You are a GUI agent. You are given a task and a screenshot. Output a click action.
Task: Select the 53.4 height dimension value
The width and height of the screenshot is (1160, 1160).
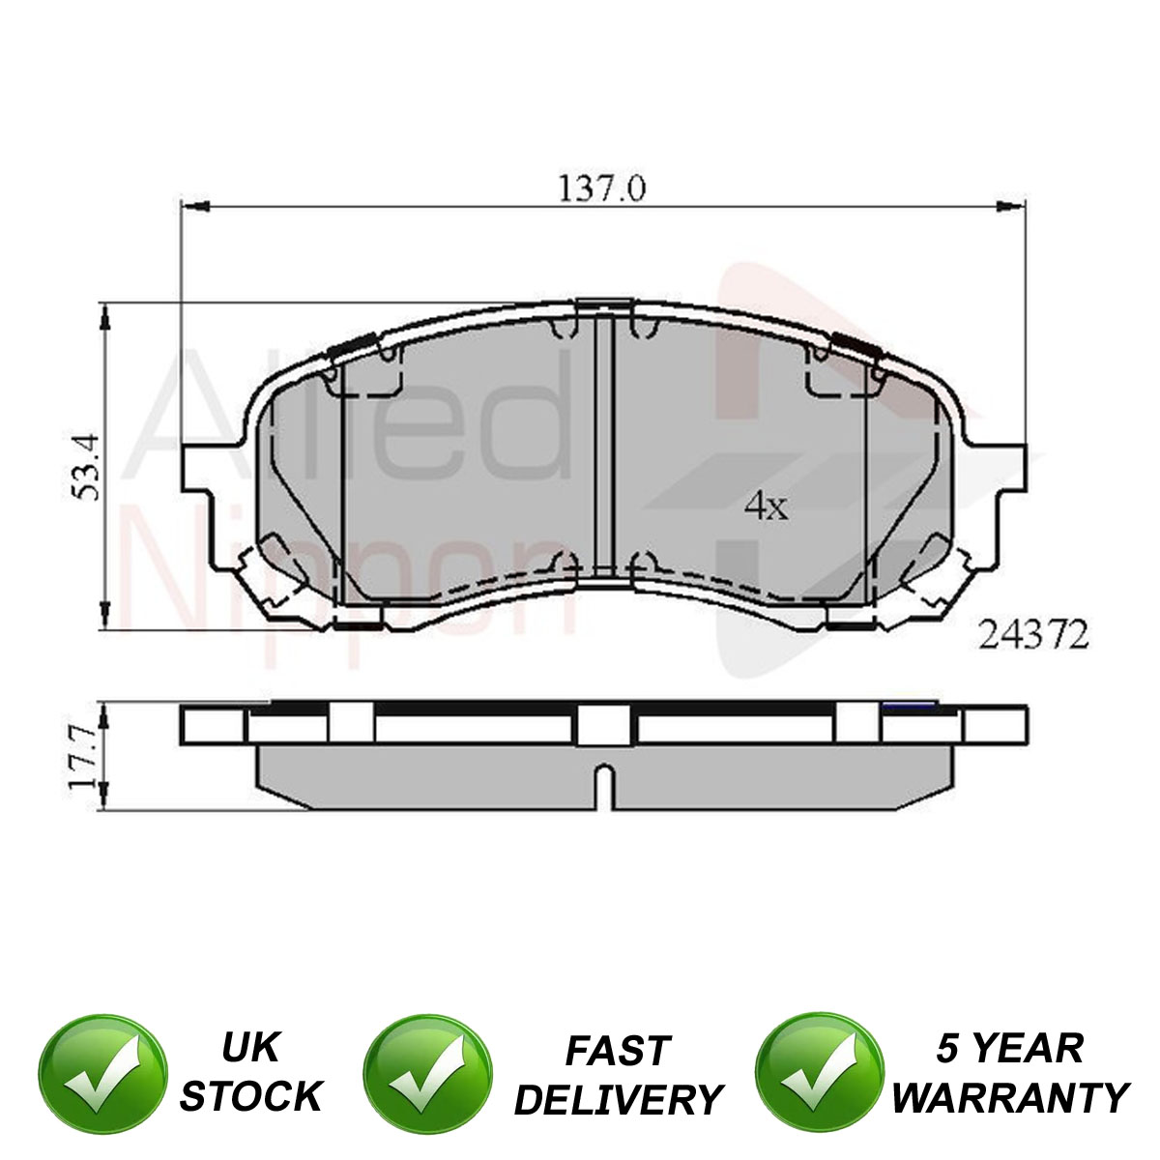click(x=86, y=467)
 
